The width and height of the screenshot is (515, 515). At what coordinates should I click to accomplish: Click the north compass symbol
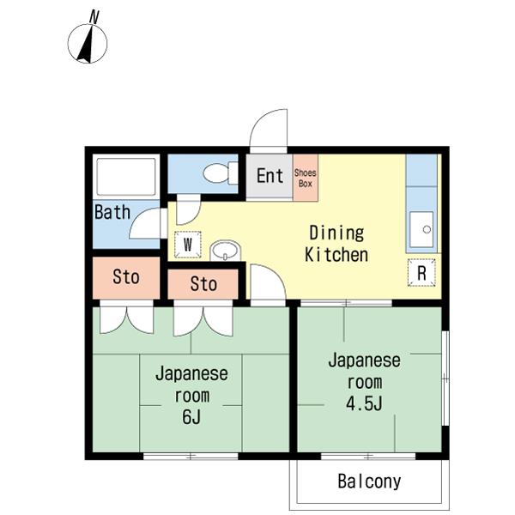(88, 44)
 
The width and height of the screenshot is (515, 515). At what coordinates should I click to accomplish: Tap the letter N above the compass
(94, 17)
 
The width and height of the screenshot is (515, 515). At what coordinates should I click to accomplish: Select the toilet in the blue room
(221, 173)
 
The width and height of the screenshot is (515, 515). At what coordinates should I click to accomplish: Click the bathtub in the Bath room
(126, 177)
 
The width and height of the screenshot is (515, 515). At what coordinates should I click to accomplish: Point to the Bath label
(112, 212)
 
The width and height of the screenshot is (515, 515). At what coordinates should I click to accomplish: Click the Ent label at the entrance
(270, 176)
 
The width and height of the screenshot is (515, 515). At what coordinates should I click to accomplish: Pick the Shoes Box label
(305, 178)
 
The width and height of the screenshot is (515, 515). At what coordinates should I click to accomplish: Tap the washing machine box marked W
(187, 245)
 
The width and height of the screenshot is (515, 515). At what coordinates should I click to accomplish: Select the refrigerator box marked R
(421, 272)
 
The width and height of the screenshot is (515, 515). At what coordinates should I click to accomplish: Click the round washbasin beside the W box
(225, 251)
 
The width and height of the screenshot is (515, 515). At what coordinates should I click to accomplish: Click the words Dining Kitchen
(336, 244)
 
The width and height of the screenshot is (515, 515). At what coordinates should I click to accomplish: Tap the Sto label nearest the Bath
(126, 277)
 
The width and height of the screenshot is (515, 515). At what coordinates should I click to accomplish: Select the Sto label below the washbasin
(203, 284)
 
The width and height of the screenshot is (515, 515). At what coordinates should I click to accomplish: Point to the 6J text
(191, 417)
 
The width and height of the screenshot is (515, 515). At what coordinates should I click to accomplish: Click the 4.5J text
(364, 404)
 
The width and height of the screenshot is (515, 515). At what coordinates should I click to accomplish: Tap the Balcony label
(369, 482)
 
